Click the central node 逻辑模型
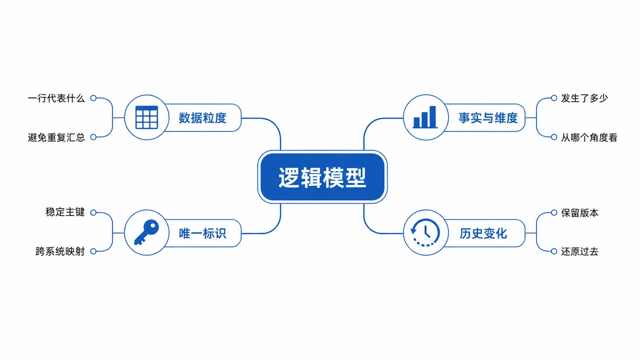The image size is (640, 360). (322, 177)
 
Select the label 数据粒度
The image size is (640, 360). (202, 118)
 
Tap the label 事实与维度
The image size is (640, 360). (488, 118)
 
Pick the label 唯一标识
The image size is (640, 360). (202, 233)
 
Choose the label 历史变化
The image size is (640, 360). (483, 233)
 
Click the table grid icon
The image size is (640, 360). (146, 117)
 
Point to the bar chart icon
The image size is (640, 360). (425, 117)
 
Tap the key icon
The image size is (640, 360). (146, 232)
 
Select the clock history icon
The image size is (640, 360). (425, 232)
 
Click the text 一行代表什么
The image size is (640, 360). (56, 98)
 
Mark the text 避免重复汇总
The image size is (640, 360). (56, 137)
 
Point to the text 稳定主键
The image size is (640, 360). (65, 212)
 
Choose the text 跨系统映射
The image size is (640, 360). (60, 251)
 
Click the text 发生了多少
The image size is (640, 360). (584, 98)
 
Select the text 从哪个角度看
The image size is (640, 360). (589, 137)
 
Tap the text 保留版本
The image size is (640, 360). (579, 213)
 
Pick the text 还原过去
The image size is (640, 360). (579, 251)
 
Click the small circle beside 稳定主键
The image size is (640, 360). (93, 212)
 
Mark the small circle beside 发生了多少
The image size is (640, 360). (554, 98)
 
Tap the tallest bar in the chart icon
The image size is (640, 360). (433, 116)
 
